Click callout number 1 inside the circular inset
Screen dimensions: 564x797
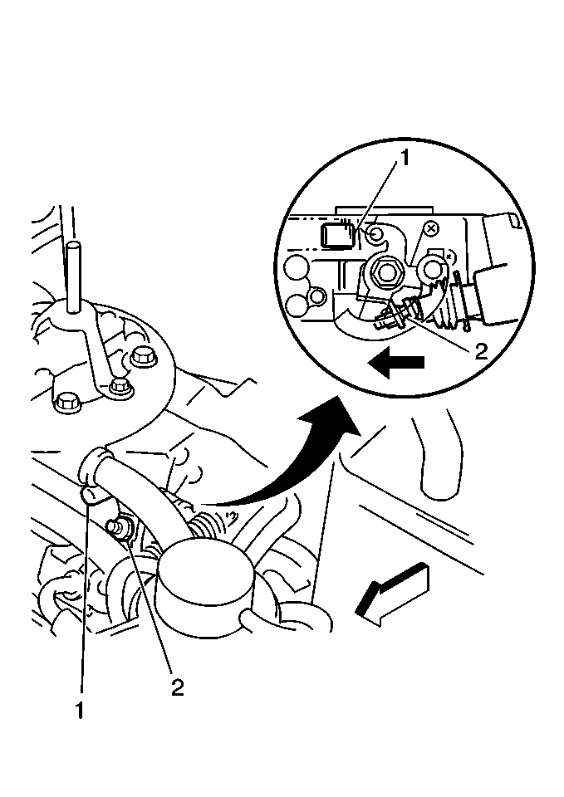[x=405, y=159]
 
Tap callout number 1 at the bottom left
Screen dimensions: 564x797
[x=80, y=711]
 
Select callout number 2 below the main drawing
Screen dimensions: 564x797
[x=177, y=687]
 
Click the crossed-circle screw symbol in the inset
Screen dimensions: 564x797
[x=431, y=229]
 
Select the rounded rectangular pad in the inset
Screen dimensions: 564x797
[x=336, y=235]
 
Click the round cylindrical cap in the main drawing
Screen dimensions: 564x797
[x=205, y=584]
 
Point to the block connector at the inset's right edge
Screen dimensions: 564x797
[x=503, y=269]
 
